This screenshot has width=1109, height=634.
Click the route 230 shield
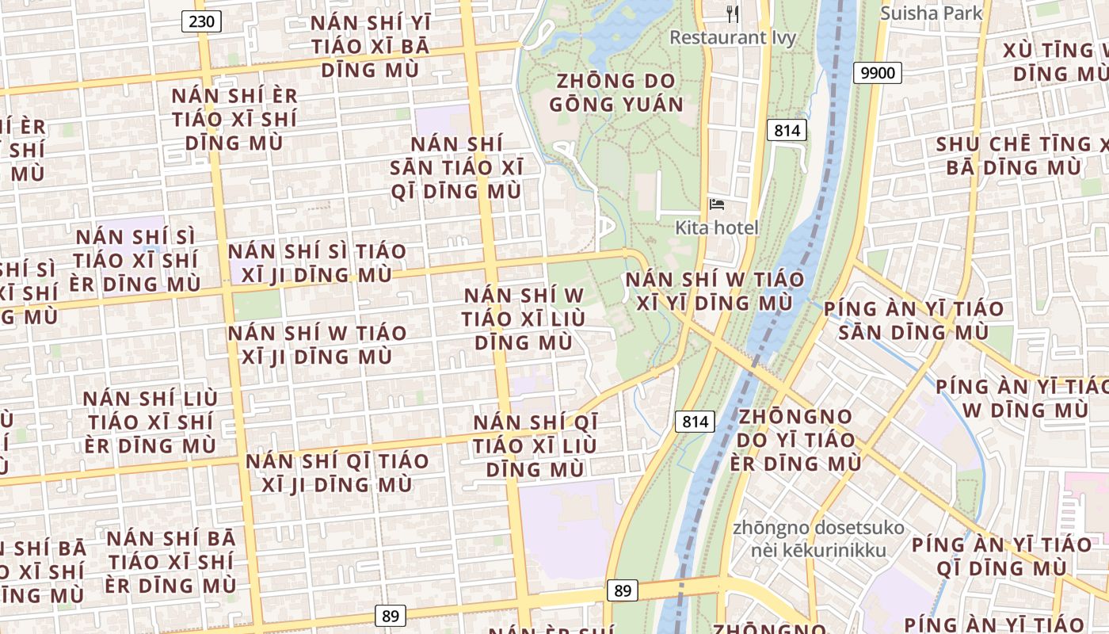click(x=202, y=21)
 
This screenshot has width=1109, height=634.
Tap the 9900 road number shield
click(x=878, y=74)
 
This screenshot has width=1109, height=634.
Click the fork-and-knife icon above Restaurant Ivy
click(x=733, y=14)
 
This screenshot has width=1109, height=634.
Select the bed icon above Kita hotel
click(x=717, y=204)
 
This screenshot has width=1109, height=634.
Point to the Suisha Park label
click(x=932, y=13)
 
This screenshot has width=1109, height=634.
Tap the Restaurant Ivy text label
click(x=733, y=37)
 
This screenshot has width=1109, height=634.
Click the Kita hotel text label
click(x=717, y=227)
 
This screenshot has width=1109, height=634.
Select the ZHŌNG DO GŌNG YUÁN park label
click(x=616, y=93)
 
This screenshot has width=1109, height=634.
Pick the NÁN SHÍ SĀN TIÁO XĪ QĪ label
click(x=457, y=168)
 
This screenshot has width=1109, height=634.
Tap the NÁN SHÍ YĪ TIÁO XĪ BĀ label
click(x=370, y=46)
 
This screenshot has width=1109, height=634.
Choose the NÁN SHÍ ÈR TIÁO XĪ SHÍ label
click(x=234, y=119)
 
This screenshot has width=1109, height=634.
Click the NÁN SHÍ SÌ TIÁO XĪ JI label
click(x=317, y=263)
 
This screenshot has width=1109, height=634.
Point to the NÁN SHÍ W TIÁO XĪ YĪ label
click(x=715, y=291)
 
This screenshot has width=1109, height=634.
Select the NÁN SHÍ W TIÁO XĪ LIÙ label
click(x=524, y=319)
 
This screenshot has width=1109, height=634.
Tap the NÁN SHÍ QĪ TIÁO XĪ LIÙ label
click(x=535, y=445)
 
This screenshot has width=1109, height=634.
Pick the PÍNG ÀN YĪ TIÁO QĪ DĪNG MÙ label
click(x=1001, y=556)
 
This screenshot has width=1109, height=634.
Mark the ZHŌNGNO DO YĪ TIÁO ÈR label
click(x=795, y=440)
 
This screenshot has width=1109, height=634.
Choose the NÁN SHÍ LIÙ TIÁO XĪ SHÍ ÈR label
click(x=151, y=422)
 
